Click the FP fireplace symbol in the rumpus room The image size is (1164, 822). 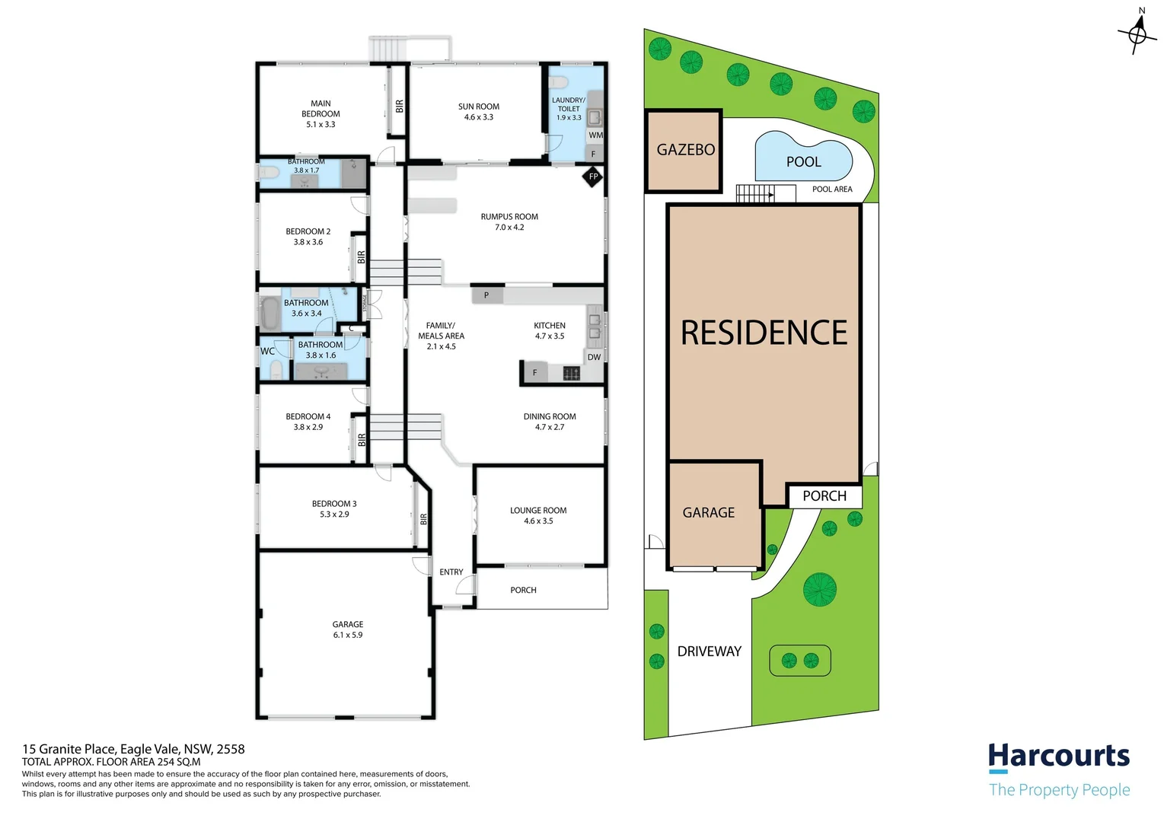click(x=593, y=177)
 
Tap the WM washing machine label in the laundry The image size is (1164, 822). click(x=595, y=135)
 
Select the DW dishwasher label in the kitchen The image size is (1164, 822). click(x=594, y=357)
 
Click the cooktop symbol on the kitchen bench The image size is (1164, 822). click(x=571, y=373)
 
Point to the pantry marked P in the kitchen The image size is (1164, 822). click(x=486, y=295)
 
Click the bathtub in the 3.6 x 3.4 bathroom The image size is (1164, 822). click(x=269, y=313)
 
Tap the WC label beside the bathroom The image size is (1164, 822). click(x=268, y=351)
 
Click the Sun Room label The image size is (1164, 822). click(x=479, y=107)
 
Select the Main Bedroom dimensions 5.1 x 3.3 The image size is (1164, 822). click(x=320, y=124)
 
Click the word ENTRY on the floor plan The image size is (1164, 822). click(x=451, y=572)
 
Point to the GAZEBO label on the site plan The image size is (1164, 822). click(x=686, y=150)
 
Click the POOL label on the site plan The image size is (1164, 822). click(x=803, y=161)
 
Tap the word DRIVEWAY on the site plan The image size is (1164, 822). click(x=710, y=651)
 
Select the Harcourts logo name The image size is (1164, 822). click(x=1059, y=757)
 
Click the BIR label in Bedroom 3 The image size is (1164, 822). click(x=423, y=519)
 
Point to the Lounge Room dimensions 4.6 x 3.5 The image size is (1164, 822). click(x=538, y=521)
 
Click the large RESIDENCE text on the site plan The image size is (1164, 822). click(x=764, y=333)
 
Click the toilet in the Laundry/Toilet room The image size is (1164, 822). click(x=558, y=82)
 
